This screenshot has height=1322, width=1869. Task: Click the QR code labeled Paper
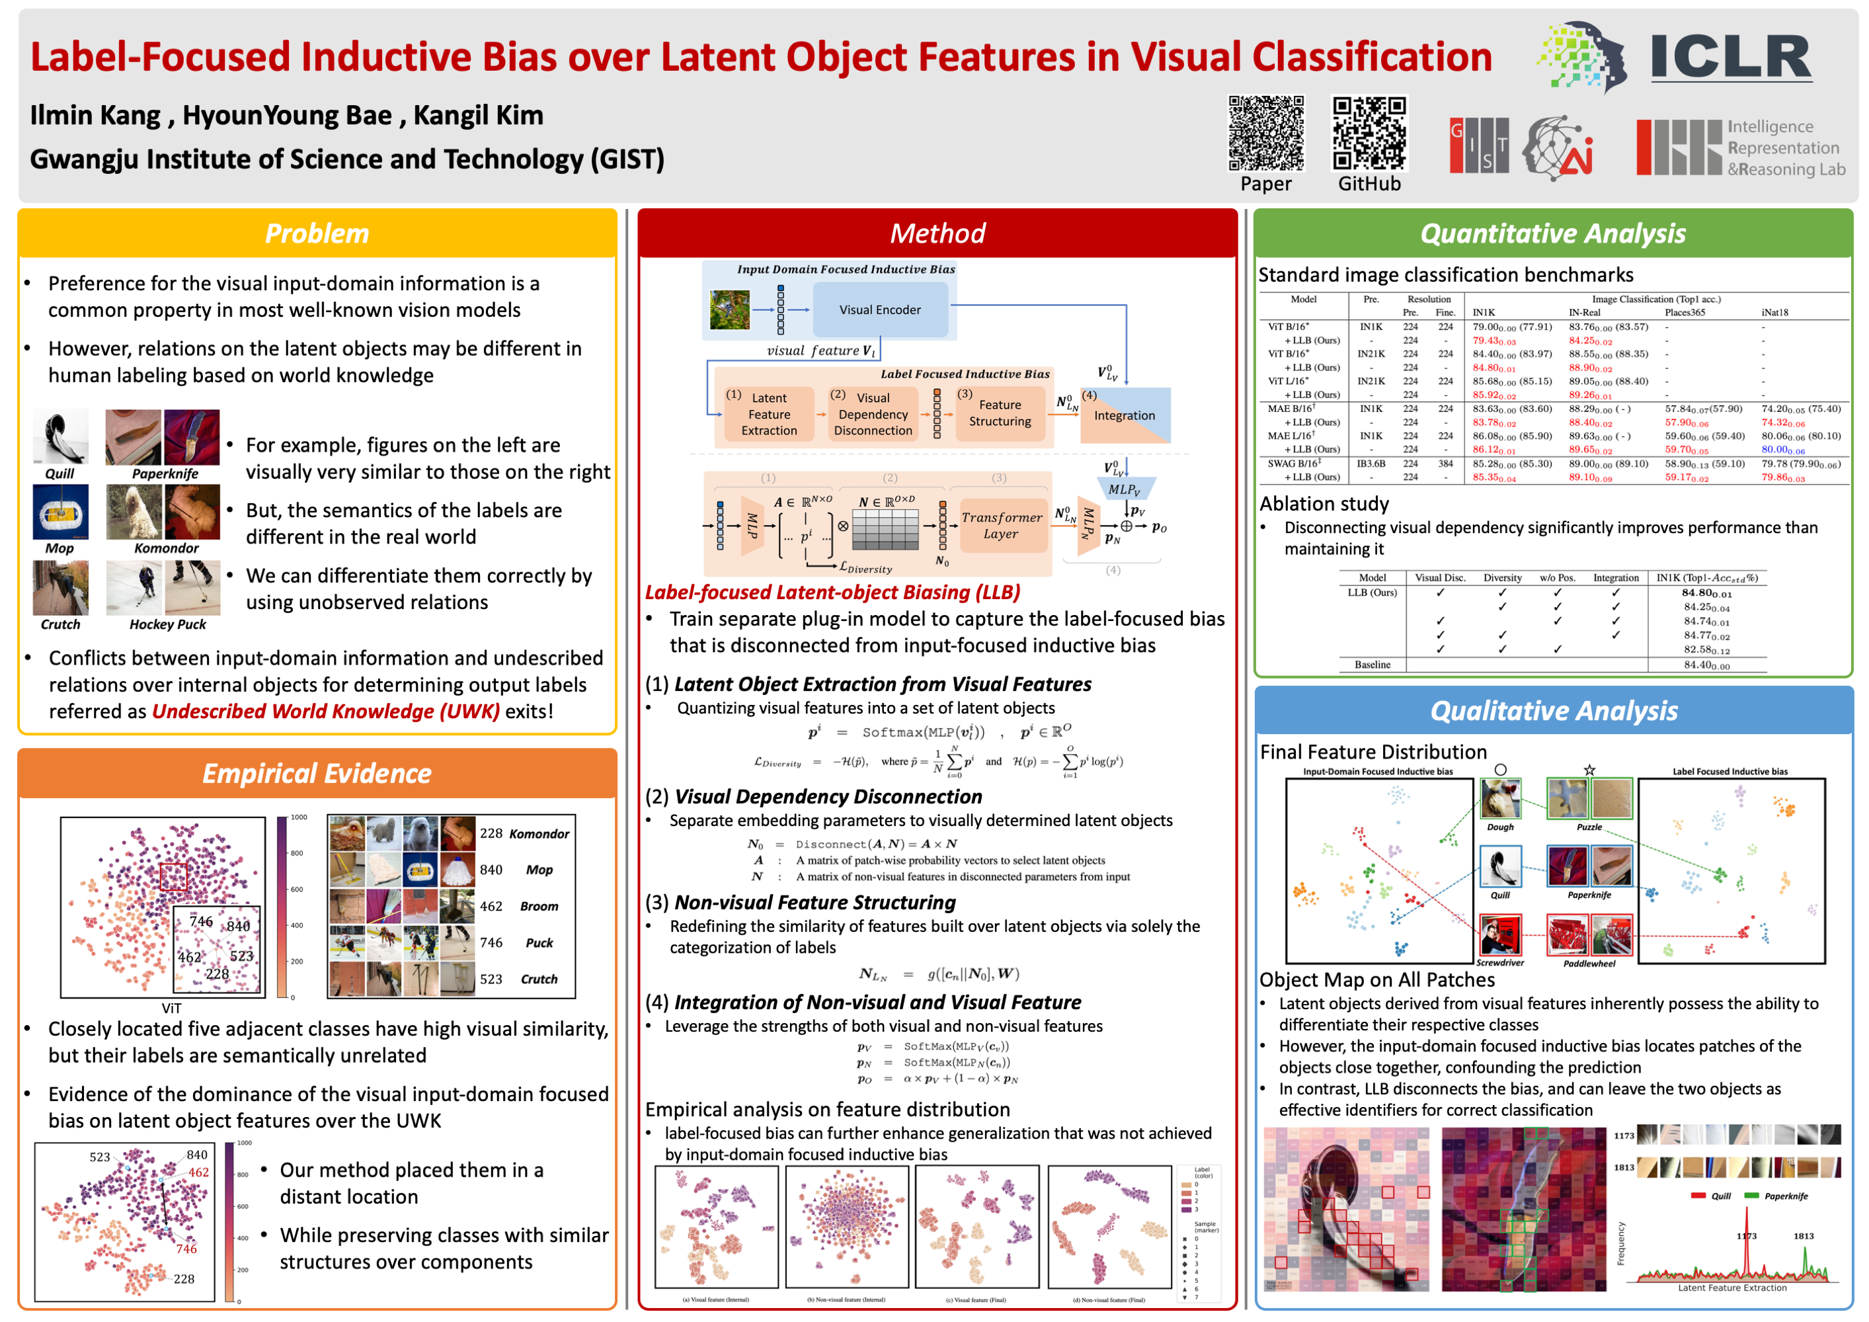(1266, 133)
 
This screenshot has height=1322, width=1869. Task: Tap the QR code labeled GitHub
(1369, 133)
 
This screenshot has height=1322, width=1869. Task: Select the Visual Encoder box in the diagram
(880, 310)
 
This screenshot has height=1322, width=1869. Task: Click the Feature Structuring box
(1000, 413)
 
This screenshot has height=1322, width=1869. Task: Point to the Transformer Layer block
(1000, 525)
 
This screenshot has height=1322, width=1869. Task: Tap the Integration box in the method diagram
(1124, 415)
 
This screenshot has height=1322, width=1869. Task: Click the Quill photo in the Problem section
(60, 437)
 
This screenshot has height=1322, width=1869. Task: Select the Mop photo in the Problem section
(60, 512)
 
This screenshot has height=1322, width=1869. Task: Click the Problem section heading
(317, 233)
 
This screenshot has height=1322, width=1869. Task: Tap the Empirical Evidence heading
(317, 773)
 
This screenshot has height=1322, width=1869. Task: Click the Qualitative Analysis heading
(1553, 711)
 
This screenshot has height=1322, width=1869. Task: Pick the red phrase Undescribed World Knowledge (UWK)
(326, 712)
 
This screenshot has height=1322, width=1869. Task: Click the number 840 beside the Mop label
(491, 870)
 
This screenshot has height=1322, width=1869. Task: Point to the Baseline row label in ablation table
(1372, 664)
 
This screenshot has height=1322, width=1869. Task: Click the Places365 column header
(1685, 313)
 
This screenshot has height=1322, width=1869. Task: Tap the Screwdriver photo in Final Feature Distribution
(1500, 934)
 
